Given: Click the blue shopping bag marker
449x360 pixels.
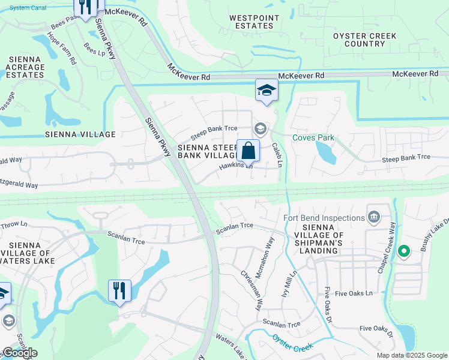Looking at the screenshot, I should pyautogui.click(x=248, y=151).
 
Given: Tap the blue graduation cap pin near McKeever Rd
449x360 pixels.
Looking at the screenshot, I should pyautogui.click(x=267, y=91).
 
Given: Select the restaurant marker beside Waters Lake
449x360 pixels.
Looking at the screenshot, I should pyautogui.click(x=119, y=291).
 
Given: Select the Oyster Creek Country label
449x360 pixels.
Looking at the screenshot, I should pyautogui.click(x=365, y=40).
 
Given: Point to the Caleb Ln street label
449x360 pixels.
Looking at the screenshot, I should pyautogui.click(x=277, y=154).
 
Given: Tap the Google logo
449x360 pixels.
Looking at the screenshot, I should pyautogui.click(x=20, y=353).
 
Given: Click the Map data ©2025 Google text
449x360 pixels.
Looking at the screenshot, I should pyautogui.click(x=411, y=355).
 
